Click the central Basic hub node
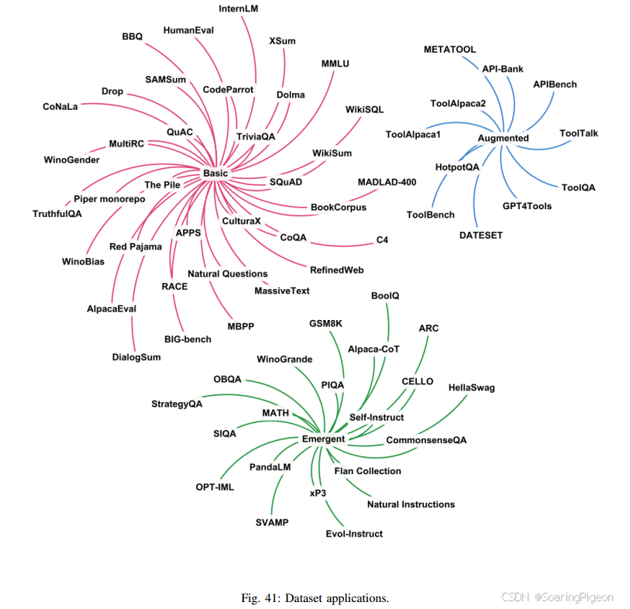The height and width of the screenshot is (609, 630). point(215,173)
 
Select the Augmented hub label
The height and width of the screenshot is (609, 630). point(503,138)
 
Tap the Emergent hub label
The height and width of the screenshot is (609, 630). point(323,439)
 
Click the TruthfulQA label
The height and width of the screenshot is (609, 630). point(57,214)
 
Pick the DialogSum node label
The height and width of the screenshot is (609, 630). point(136,357)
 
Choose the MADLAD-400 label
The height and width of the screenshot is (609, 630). point(386,182)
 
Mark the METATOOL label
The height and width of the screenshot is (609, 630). point(449,50)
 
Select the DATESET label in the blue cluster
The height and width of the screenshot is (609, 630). point(481,235)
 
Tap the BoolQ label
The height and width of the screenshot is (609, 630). point(385,296)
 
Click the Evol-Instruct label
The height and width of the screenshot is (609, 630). point(354,533)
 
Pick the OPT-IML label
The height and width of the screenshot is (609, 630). point(215,487)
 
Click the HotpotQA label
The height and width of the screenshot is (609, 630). point(457,167)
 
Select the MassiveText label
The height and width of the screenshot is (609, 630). point(282,291)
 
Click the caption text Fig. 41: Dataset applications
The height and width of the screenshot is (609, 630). point(315,597)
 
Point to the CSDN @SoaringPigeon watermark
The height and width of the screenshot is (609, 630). point(557,597)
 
